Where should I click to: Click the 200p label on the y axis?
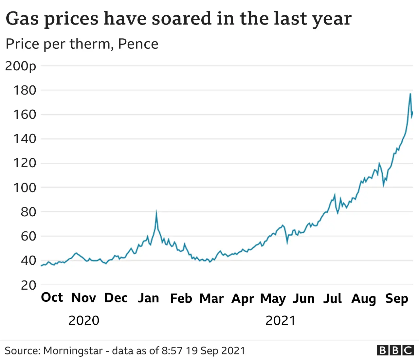pos(20,66)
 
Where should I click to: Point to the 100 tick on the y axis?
pos(25,188)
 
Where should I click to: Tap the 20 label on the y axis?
pos(28,285)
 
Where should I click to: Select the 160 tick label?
pos(25,115)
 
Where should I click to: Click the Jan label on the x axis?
pos(148,298)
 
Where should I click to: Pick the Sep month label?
pos(397,298)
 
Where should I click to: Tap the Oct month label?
pos(52,297)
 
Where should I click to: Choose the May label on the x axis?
pos(273,299)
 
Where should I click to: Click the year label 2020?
pos(84,320)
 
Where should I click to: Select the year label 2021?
pos(281,320)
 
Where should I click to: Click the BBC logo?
pos(395,350)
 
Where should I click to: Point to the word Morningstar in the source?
pos(73,351)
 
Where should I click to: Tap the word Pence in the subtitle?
pos(138,44)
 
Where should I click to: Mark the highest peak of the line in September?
pos(410,94)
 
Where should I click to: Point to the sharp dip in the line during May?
pos(287,243)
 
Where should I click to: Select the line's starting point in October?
pos(41,266)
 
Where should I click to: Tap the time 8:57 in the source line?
pos(172,351)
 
